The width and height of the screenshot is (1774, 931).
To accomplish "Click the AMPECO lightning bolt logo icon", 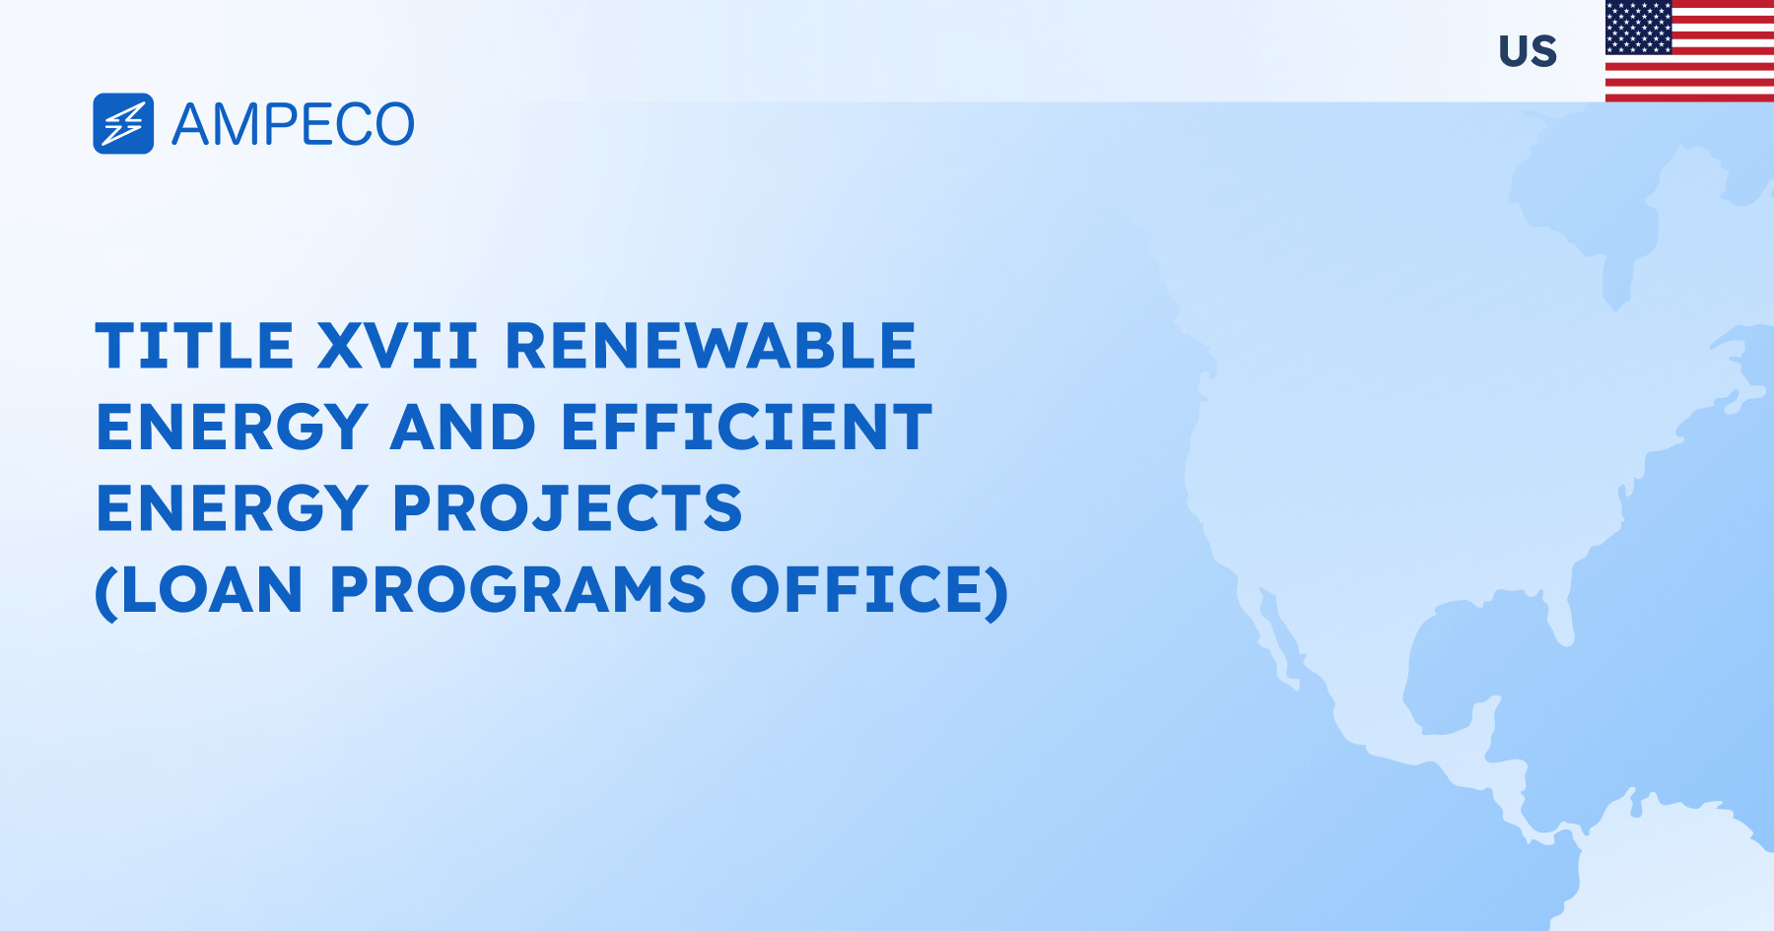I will pyautogui.click(x=123, y=124).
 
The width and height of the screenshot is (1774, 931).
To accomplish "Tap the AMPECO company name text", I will pyautogui.click(x=293, y=125).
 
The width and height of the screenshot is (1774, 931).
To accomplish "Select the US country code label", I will pyautogui.click(x=1528, y=51).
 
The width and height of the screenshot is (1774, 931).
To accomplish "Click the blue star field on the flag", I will pyautogui.click(x=1638, y=27).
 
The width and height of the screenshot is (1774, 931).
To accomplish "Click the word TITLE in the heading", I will pyautogui.click(x=194, y=346).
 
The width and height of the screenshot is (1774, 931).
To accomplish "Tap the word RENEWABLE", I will pyautogui.click(x=711, y=346).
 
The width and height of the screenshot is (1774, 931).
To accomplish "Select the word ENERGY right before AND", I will pyautogui.click(x=233, y=427).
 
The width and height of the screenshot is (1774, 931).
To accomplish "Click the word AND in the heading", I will pyautogui.click(x=463, y=427).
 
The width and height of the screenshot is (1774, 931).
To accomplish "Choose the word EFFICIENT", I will pyautogui.click(x=746, y=427).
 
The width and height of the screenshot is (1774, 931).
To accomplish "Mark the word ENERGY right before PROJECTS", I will pyautogui.click(x=233, y=508).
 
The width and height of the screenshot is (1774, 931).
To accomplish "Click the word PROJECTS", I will pyautogui.click(x=568, y=508).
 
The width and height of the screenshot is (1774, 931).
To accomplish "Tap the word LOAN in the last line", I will pyautogui.click(x=213, y=590).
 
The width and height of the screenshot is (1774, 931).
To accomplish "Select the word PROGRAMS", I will pyautogui.click(x=518, y=590).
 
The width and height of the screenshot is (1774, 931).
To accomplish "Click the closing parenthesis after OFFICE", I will pyautogui.click(x=997, y=592).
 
